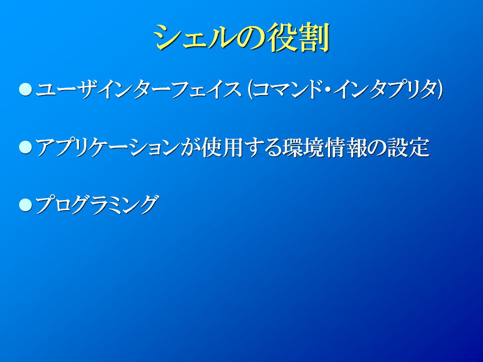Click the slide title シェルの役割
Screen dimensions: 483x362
(242, 37)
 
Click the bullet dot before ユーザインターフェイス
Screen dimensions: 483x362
(25, 89)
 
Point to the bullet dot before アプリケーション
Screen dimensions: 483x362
(25, 147)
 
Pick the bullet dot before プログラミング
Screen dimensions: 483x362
(25, 205)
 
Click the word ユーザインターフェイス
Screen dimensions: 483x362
(138, 89)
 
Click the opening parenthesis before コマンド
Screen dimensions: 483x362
(250, 89)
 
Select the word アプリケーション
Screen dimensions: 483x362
(108, 147)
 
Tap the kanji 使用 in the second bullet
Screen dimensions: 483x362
(222, 147)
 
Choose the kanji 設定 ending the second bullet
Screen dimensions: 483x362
(409, 147)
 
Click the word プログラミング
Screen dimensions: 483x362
(97, 205)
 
